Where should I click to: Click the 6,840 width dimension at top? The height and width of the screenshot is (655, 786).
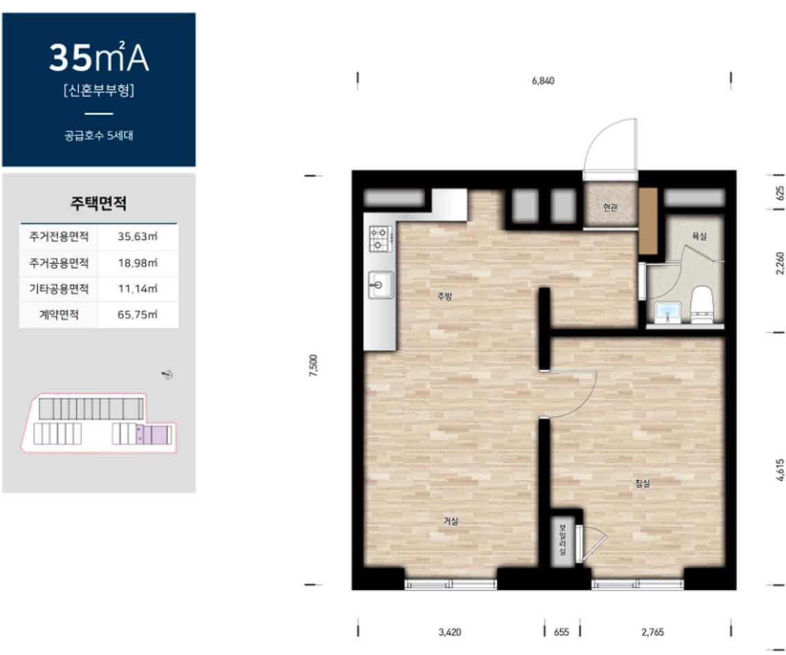pos(543,81)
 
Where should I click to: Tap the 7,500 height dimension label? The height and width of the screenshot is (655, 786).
pos(313,365)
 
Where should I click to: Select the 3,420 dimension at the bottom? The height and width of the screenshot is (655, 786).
pos(450,632)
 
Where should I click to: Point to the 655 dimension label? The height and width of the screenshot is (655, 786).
pos(561,632)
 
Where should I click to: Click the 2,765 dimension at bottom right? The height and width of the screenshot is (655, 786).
pos(652,632)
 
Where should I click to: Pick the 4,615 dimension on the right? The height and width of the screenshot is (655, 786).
pos(780,470)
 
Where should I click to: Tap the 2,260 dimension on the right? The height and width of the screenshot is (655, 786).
pos(780,263)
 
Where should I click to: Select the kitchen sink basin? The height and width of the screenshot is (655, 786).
pos(381,285)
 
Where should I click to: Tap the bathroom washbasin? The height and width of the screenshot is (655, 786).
pos(668,312)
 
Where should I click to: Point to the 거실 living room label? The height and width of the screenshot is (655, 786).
pos(450,522)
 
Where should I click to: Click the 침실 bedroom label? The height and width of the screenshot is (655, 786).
pos(642,483)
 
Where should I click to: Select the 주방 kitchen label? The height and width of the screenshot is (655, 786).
pos(445,296)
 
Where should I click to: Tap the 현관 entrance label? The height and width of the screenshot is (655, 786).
pos(610,207)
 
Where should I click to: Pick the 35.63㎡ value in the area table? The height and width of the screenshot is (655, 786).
pos(138,237)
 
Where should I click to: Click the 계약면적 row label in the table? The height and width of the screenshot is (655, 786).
pos(59,315)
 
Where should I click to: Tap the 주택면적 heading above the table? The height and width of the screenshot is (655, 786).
pos(98,203)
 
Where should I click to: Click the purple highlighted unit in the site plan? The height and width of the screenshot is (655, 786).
pos(154,434)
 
